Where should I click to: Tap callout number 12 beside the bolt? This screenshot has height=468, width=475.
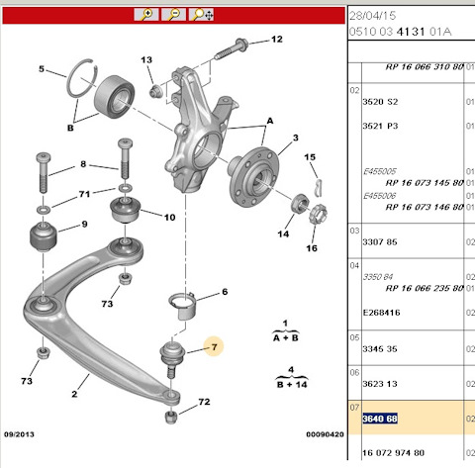pyautogui.click(x=276, y=40)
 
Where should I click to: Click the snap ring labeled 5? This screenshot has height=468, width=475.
pyautogui.click(x=80, y=75)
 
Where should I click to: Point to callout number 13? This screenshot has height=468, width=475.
pyautogui.click(x=146, y=61)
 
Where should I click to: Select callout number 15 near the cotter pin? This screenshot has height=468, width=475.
pyautogui.click(x=310, y=157)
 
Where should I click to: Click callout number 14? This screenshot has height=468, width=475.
pyautogui.click(x=284, y=234)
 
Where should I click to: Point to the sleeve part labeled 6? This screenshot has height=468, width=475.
pyautogui.click(x=187, y=301)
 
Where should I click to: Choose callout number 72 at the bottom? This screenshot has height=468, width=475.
pyautogui.click(x=205, y=403)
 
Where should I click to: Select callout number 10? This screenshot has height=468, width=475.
pyautogui.click(x=169, y=217)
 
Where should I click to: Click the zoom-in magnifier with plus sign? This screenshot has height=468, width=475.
pyautogui.click(x=145, y=14)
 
